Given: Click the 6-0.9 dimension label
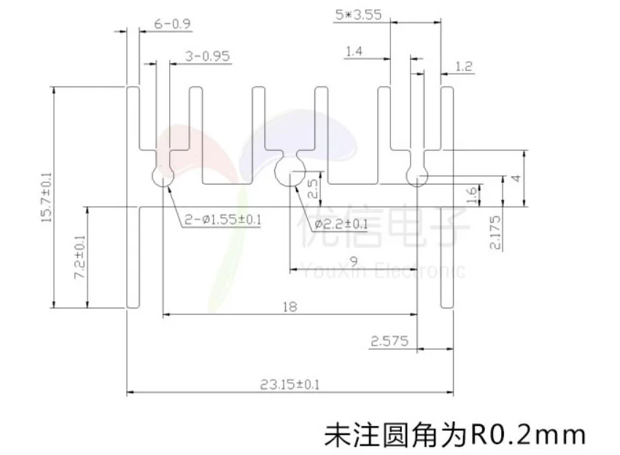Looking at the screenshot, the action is [x=173, y=24].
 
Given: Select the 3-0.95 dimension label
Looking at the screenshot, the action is [x=208, y=56].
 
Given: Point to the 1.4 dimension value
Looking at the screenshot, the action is [x=354, y=51].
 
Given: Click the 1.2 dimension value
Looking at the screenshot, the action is [x=463, y=67].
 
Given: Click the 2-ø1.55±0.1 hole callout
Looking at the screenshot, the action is [x=223, y=219].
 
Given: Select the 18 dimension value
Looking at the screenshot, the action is [x=289, y=307].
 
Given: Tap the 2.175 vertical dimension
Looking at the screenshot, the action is [x=495, y=233].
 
